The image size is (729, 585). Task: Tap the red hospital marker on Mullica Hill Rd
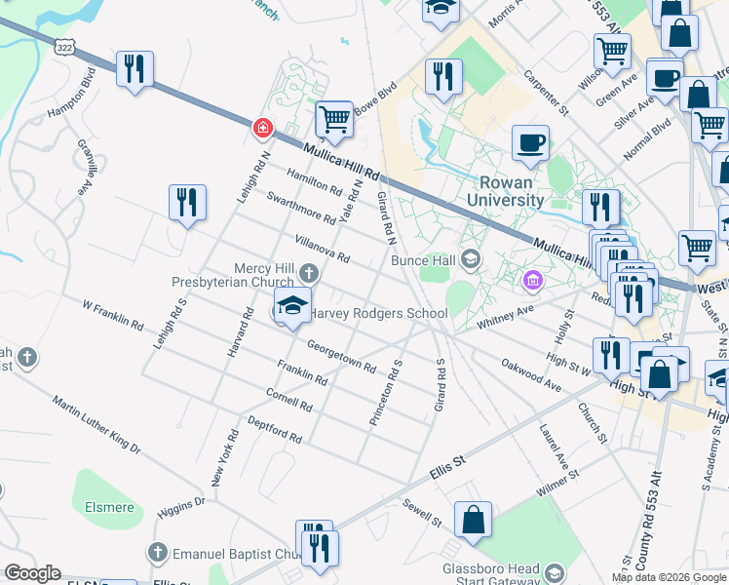click(261, 128)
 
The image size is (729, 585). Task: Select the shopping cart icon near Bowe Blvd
click(334, 119)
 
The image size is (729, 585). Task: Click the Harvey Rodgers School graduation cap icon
click(291, 305)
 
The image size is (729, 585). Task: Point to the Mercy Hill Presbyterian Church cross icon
click(309, 272)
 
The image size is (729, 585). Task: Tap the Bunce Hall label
click(423, 259)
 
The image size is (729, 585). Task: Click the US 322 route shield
click(65, 47)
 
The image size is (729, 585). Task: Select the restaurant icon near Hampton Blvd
click(134, 68)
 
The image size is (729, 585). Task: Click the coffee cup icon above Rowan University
click(530, 142)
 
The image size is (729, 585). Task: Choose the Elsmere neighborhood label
click(109, 507)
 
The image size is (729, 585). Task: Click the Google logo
click(32, 573)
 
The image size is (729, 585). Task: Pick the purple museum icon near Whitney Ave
click(532, 283)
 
